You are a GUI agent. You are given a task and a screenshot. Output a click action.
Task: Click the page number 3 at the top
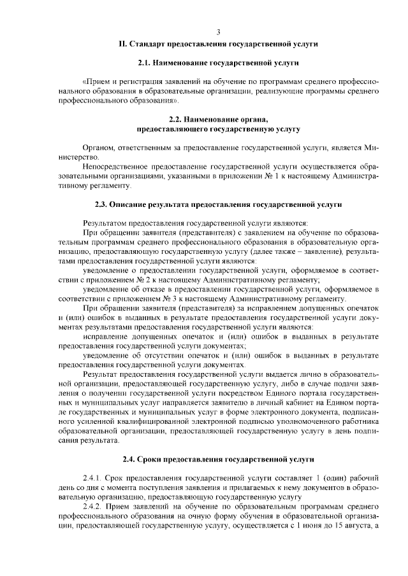(218, 32)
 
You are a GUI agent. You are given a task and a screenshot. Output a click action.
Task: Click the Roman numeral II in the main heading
(122, 44)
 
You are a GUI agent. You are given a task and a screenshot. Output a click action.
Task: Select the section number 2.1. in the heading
(147, 63)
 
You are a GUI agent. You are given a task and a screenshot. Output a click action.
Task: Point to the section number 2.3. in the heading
(103, 204)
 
